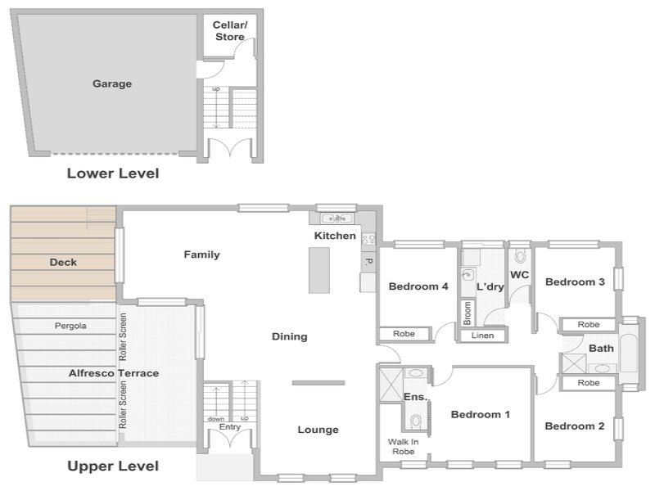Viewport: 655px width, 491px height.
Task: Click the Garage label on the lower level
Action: click(x=112, y=84)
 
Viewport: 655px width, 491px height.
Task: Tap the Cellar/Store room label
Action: click(x=230, y=31)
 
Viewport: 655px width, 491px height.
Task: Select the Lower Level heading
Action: click(x=113, y=173)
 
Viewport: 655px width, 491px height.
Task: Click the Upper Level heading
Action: click(x=113, y=466)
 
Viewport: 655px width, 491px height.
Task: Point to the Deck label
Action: click(x=63, y=262)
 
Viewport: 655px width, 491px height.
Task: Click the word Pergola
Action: click(x=70, y=326)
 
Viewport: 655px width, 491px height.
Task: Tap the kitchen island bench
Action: click(x=319, y=270)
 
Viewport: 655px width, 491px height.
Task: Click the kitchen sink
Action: click(x=337, y=218)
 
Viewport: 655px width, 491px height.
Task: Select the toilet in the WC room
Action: click(x=520, y=255)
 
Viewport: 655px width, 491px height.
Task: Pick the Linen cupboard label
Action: click(x=482, y=336)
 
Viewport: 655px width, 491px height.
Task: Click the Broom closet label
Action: click(x=468, y=313)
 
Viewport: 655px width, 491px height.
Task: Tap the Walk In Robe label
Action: click(x=403, y=446)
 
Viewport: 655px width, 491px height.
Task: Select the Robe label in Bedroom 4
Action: click(x=404, y=334)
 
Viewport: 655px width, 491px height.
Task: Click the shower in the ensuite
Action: click(x=391, y=385)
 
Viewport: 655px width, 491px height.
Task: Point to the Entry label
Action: click(x=230, y=427)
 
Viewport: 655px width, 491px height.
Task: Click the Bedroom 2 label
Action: click(x=575, y=426)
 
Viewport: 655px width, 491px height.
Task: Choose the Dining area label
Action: click(x=290, y=336)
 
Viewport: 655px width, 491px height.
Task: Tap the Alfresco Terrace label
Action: click(x=114, y=373)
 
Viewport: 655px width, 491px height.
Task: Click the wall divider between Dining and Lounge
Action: click(x=318, y=383)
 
